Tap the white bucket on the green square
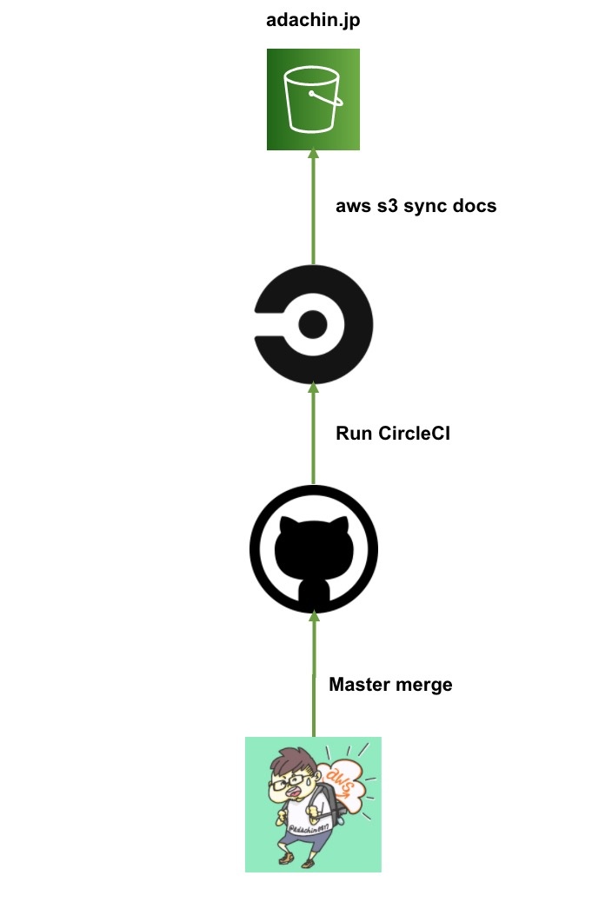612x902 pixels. point(313,99)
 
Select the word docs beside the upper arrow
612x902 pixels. point(474,206)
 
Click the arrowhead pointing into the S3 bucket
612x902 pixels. point(314,154)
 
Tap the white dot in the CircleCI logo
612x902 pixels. point(312,325)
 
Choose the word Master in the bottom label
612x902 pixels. point(358,684)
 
